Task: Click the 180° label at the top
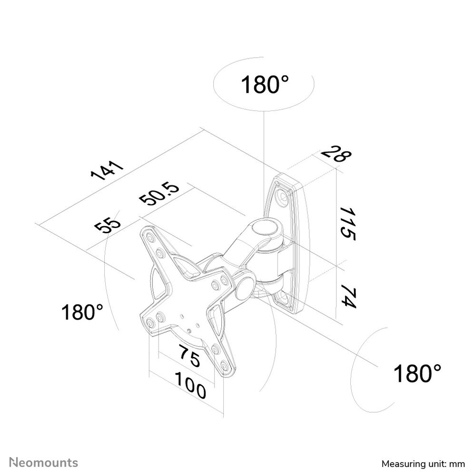[x=265, y=85]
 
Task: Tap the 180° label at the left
[x=82, y=313]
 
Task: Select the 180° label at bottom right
[x=417, y=373]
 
